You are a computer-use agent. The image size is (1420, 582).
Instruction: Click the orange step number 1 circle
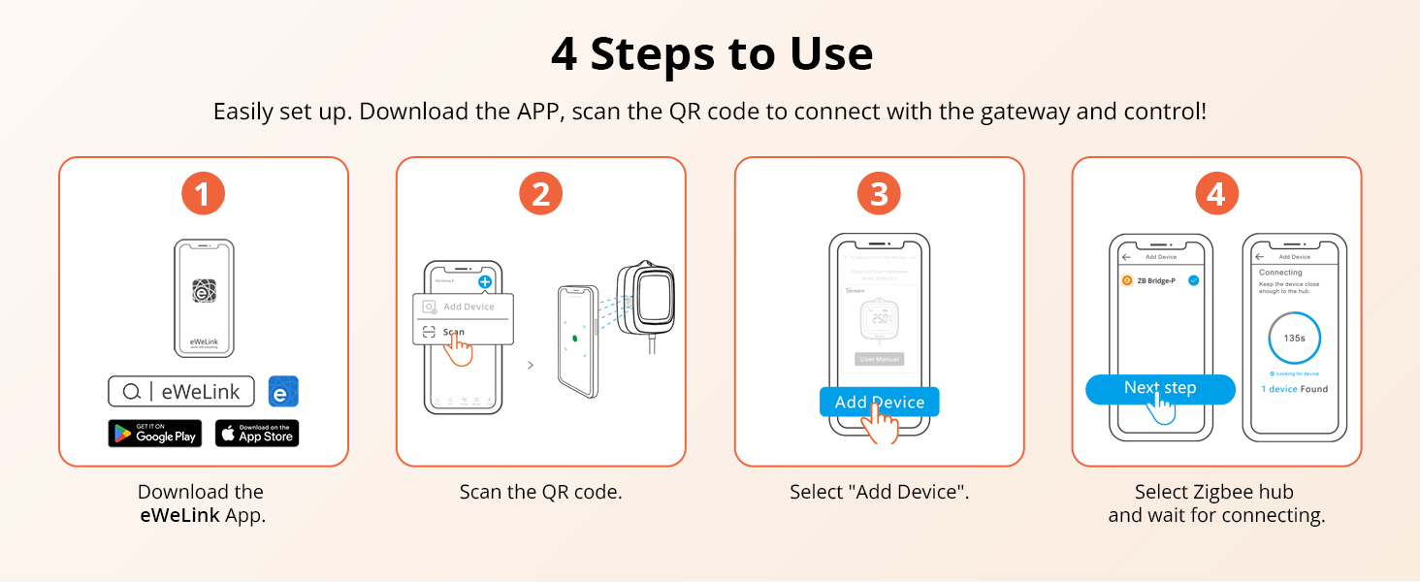(203, 193)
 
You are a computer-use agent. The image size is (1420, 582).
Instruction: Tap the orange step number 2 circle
(540, 193)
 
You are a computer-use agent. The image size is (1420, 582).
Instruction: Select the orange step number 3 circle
(879, 193)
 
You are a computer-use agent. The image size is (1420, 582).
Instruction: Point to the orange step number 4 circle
(1216, 193)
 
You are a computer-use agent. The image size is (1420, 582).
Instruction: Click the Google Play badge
(154, 434)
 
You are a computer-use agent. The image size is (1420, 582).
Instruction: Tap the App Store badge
(257, 434)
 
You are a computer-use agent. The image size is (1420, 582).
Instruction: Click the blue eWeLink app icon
(283, 392)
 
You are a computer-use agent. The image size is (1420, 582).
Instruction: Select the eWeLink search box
(181, 392)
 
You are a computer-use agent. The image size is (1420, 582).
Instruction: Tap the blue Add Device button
(879, 402)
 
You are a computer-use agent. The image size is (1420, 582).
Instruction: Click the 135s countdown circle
(1294, 339)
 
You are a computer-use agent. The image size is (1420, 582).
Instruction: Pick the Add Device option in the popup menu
(463, 307)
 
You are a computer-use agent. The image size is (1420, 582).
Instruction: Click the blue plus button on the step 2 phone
(485, 281)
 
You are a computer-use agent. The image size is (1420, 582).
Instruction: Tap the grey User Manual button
(880, 359)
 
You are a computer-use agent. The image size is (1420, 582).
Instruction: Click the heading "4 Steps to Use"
(711, 54)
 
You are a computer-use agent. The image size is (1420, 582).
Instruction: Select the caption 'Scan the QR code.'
(540, 492)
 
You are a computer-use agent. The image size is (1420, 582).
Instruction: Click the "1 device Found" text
(1294, 389)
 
